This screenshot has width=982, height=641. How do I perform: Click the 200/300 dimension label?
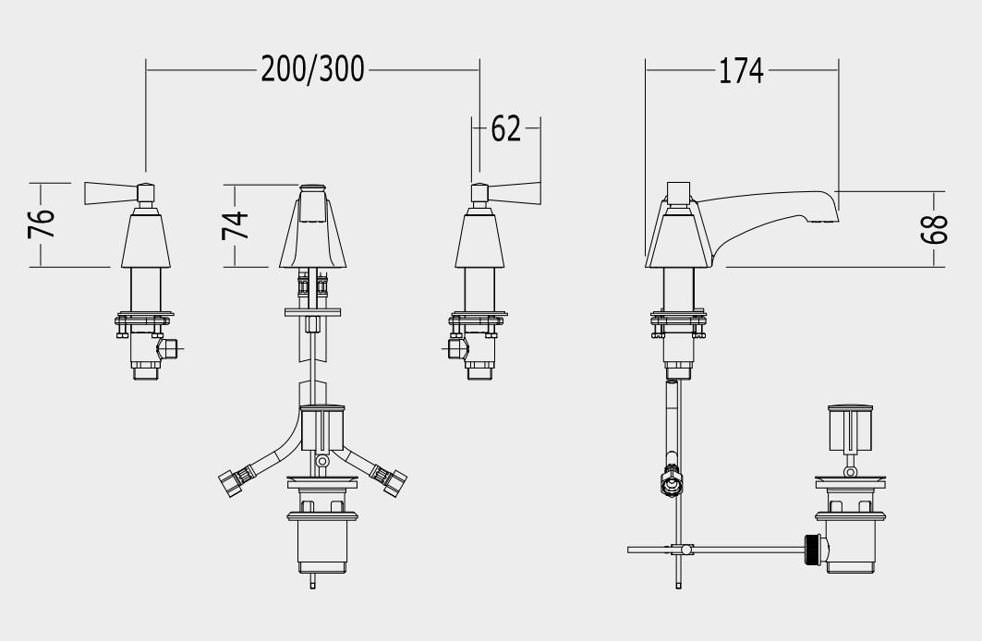tap(312, 69)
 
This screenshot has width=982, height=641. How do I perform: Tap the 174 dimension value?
tap(740, 71)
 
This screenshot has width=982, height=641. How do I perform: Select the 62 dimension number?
tap(505, 129)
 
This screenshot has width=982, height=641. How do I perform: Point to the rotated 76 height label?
tap(42, 223)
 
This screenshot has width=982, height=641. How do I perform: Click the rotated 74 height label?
tap(236, 224)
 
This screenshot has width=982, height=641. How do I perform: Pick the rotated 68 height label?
tap(934, 229)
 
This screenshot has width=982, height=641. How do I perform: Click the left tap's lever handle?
tap(112, 193)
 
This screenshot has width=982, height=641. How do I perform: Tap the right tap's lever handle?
tap(514, 193)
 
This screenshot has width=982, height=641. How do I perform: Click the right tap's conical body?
tap(479, 240)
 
